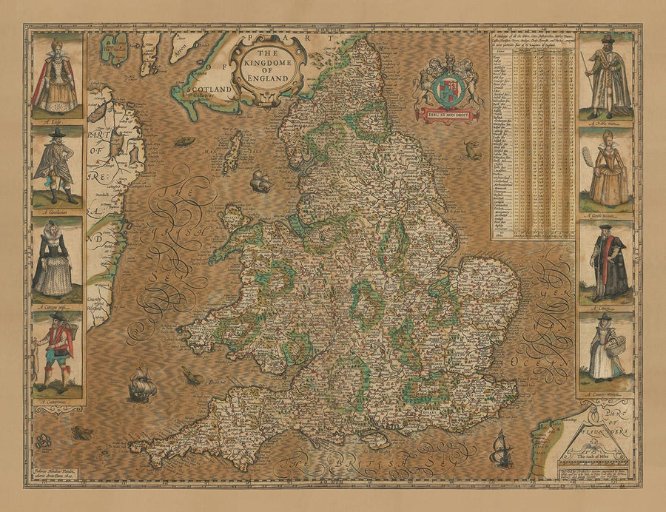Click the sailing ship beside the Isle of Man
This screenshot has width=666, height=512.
260,181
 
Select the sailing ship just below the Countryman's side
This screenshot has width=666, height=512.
141,385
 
